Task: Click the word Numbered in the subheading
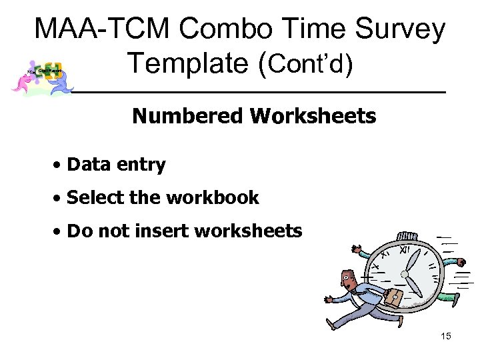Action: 188,117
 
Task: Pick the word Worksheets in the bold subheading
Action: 313,117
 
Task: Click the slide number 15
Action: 446,336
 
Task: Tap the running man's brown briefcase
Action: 394,297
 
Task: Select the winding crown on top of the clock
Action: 406,237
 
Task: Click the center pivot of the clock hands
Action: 405,274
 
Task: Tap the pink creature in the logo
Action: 22,82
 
